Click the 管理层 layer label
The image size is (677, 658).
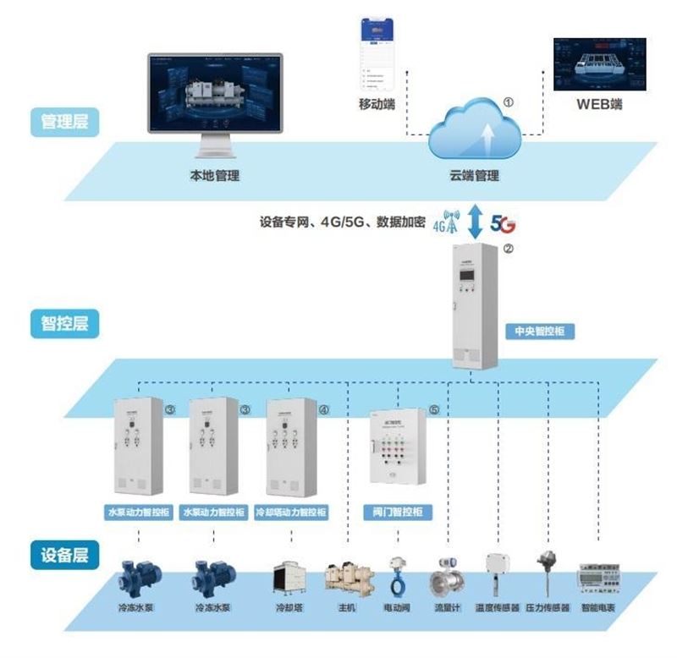click(64, 122)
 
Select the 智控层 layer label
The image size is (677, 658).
click(64, 323)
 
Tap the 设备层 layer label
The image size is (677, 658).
click(64, 556)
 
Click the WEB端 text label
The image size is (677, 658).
click(599, 105)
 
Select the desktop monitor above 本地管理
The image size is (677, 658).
click(215, 102)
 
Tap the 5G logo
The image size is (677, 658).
click(503, 226)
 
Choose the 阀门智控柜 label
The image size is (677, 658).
click(397, 513)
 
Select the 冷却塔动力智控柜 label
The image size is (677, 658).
click(291, 513)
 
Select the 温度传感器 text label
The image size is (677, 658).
click(498, 608)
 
